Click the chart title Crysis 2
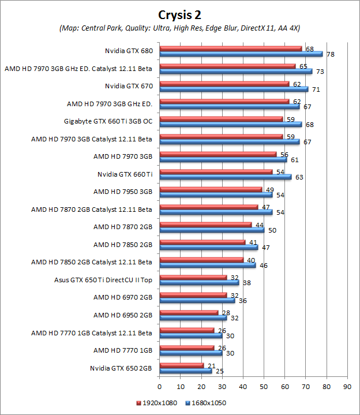point(180,13)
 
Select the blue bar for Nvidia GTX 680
point(241,54)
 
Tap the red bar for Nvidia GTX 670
point(224,84)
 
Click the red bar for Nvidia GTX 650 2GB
point(181,365)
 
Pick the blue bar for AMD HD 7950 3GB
point(216,195)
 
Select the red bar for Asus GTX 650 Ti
point(193,278)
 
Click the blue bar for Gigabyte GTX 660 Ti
point(230,125)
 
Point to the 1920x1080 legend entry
point(156,402)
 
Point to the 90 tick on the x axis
point(347,386)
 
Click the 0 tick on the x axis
point(160,386)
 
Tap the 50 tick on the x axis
point(264,386)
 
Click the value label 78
point(331,54)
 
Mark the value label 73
point(319,72)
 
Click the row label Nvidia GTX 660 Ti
point(125,174)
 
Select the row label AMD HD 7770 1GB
point(123,350)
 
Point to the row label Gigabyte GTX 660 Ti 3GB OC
point(108,121)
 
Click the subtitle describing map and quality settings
point(180,28)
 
